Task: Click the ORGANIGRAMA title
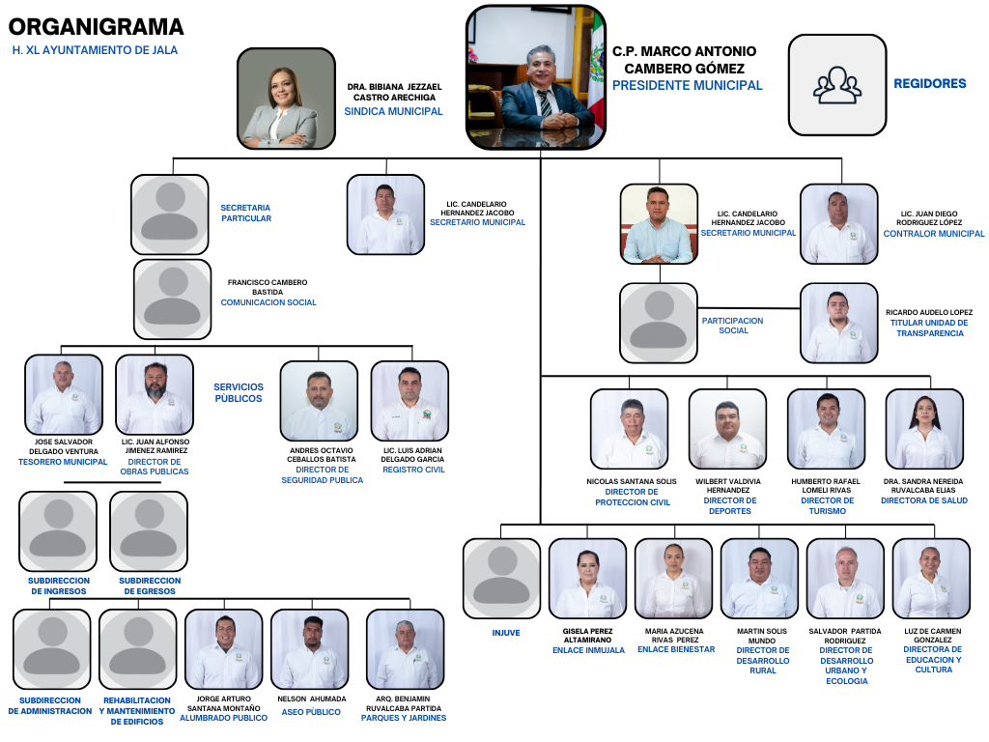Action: [x=96, y=27]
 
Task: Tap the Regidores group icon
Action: [x=837, y=85]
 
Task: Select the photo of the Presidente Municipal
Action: [x=535, y=77]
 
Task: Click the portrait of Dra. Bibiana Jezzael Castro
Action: [x=278, y=99]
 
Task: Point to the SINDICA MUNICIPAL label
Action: [x=393, y=111]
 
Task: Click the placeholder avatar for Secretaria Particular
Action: [x=170, y=214]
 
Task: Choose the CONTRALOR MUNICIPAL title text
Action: [x=934, y=234]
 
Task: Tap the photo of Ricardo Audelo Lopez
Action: [x=838, y=324]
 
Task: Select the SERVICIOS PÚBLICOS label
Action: [x=238, y=392]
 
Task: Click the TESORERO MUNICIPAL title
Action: [x=63, y=462]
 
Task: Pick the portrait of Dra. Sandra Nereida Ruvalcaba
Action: [x=924, y=429]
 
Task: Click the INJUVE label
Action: [x=505, y=633]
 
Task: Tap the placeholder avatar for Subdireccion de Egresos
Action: [x=149, y=530]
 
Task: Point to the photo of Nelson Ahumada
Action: [x=309, y=649]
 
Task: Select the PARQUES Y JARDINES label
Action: [x=404, y=718]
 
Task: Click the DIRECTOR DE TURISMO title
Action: [x=828, y=505]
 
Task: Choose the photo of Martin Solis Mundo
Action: [x=759, y=579]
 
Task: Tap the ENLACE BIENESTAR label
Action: [x=676, y=649]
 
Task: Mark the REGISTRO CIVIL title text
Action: [x=413, y=470]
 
